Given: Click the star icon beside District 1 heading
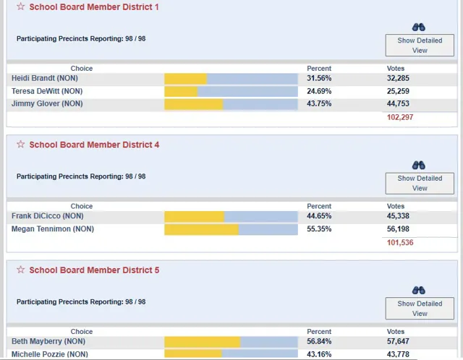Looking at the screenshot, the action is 21,7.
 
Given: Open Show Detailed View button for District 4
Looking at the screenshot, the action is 420,183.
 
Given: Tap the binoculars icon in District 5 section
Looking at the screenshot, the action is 419,291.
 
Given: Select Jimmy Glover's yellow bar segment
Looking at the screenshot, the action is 194,104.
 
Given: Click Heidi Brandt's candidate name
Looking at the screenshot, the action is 45,78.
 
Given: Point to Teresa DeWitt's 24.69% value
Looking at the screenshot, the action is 319,91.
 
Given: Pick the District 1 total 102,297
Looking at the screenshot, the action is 400,117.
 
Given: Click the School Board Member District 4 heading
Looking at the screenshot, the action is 94,145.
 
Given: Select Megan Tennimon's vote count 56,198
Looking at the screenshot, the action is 398,229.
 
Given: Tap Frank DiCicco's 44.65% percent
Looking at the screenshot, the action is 319,216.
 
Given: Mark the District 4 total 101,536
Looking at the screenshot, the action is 400,243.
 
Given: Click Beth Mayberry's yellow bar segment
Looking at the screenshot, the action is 203,342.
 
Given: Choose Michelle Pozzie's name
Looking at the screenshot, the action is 50,354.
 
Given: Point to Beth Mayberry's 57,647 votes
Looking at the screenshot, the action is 398,341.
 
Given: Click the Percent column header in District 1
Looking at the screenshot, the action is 319,69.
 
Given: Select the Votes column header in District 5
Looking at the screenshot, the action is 396,332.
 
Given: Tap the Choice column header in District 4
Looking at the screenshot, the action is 82,206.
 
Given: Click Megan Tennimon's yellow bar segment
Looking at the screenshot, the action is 201,230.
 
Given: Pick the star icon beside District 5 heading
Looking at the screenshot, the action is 21,270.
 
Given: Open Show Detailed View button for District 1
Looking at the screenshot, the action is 420,45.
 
